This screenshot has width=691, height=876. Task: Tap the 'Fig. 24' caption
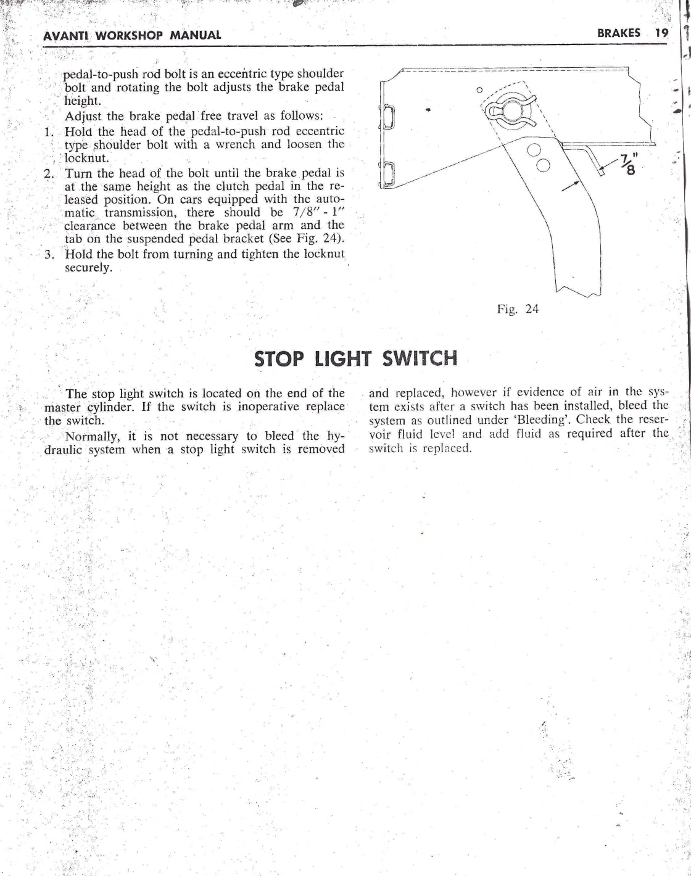click(x=518, y=309)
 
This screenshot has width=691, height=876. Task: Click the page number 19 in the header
click(x=661, y=33)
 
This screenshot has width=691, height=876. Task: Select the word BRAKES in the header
click(x=618, y=33)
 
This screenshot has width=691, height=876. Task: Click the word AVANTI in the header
click(x=64, y=35)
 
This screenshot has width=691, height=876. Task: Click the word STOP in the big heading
click(x=281, y=358)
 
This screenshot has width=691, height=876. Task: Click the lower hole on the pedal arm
click(x=543, y=165)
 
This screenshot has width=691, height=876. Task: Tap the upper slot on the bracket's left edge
click(x=389, y=116)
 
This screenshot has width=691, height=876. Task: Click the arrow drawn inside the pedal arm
click(x=571, y=186)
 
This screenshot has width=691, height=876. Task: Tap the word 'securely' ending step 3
click(x=88, y=268)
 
